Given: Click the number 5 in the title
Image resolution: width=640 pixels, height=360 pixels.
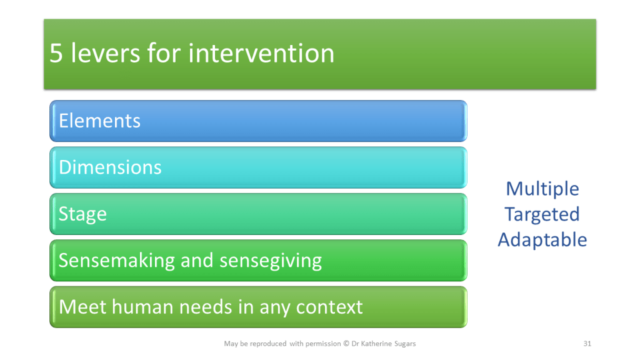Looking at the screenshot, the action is pos(56,54).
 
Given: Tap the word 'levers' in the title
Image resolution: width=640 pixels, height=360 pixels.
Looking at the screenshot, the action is pos(105,53).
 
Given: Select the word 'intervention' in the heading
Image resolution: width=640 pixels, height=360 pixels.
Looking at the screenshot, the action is pos(261,54).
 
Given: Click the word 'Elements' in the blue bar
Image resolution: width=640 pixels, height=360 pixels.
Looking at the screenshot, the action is pos(99,121).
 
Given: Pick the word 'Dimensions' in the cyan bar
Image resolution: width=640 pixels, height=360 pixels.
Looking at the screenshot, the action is pos(110,167).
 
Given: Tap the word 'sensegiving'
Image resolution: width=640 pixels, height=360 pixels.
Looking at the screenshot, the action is pos(271,261).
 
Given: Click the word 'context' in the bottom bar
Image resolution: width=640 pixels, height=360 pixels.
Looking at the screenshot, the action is pos(329,307).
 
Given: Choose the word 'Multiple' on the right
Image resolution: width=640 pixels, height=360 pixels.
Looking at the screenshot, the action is pos(542,189).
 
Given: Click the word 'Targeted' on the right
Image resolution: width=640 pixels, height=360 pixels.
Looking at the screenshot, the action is pos(542,215).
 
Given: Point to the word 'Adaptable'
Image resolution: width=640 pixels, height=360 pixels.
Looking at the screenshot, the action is pos(542,240).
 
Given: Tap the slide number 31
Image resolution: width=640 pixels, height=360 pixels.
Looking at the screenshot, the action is pos(587,344).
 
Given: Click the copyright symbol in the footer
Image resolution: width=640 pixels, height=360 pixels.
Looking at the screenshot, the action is pos(346,344).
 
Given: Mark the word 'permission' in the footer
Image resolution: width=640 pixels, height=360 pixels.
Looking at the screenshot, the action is pos(323,344).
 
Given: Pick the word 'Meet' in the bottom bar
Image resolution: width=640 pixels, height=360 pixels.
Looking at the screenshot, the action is pos(83,307).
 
